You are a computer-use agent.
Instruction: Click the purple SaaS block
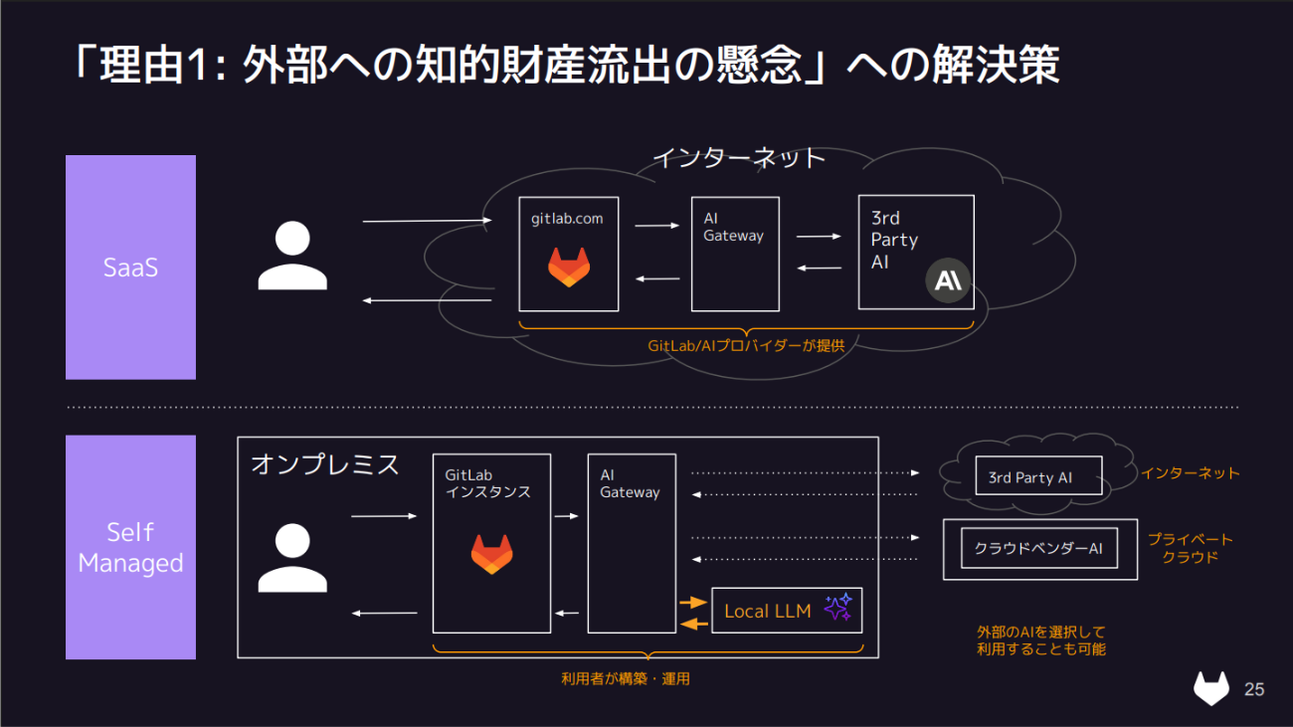coord(130,267)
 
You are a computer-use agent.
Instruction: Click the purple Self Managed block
coord(130,547)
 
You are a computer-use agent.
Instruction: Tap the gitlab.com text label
coord(567,218)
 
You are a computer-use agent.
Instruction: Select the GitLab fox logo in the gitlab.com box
coord(569,268)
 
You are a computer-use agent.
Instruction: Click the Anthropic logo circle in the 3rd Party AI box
coord(948,281)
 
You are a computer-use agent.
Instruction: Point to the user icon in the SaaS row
coord(292,257)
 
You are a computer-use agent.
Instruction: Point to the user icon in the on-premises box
coord(292,558)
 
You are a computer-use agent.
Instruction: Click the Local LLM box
coord(787,611)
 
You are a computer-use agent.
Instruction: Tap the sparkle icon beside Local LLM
coord(837,607)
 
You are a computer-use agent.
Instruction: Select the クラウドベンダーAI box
coord(1038,549)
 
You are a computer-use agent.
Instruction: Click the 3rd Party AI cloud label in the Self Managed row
coord(1030,477)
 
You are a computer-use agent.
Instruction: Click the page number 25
coord(1254,689)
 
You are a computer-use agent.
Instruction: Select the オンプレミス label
coord(325,464)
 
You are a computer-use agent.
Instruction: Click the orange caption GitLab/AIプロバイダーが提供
coord(746,346)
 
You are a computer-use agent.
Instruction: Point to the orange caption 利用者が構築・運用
coord(626,679)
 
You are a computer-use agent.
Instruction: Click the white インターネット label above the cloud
coord(739,157)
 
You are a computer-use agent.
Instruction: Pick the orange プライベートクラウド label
coord(1190,548)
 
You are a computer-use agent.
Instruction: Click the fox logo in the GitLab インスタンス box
coord(491,554)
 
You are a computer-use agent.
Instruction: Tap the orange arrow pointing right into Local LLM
coord(691,602)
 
